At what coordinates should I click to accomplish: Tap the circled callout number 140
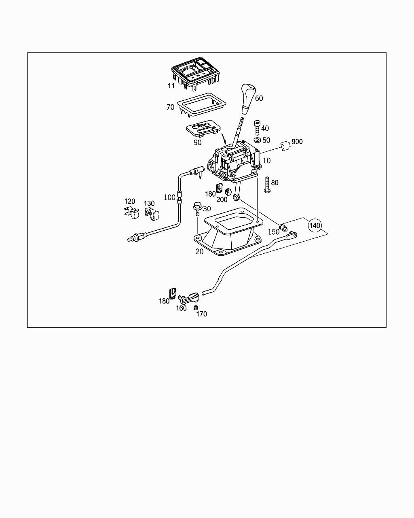(x=316, y=225)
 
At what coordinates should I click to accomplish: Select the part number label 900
(x=297, y=142)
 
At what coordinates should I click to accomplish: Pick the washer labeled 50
(x=257, y=140)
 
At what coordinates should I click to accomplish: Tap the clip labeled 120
(x=131, y=212)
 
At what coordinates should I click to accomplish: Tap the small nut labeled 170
(x=196, y=308)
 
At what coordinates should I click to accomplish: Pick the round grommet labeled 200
(x=228, y=192)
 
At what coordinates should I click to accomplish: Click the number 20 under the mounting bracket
(x=199, y=251)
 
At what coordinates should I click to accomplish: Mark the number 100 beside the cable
(x=169, y=197)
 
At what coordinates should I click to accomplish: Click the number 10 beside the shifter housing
(x=266, y=161)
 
